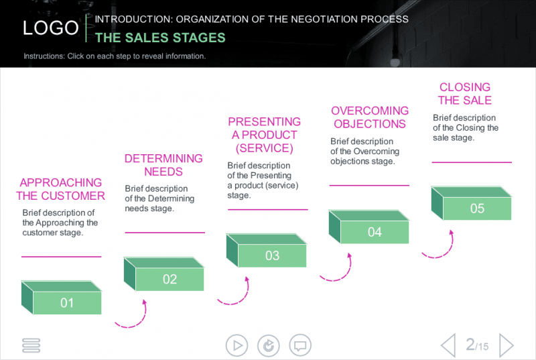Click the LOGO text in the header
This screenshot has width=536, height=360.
click(51, 28)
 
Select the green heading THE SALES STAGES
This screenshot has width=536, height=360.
click(160, 38)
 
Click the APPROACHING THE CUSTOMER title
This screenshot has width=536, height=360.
click(61, 189)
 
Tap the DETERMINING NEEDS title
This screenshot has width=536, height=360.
click(163, 165)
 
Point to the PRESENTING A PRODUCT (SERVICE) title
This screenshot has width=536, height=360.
click(265, 134)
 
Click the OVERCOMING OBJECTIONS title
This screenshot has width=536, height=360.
click(370, 117)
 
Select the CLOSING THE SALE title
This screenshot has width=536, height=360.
click(465, 94)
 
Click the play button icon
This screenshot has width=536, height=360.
click(236, 345)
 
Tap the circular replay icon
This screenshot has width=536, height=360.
click(269, 345)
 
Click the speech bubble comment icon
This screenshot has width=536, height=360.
click(300, 345)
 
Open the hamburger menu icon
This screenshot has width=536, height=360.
click(31, 345)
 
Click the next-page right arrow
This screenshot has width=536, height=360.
click(507, 345)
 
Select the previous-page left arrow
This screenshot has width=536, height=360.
click(448, 345)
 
